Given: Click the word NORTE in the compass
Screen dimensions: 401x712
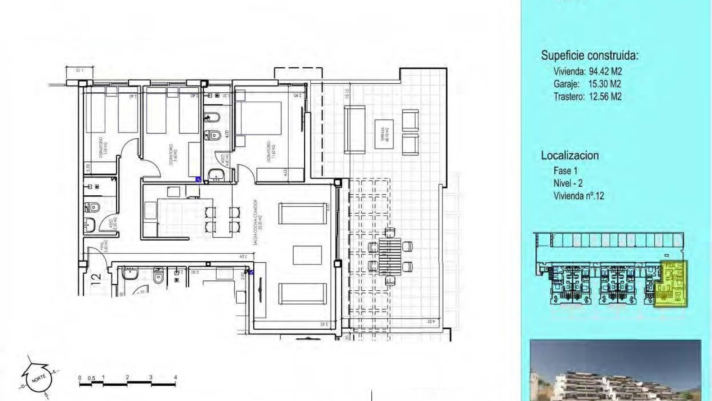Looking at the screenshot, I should coord(39,379).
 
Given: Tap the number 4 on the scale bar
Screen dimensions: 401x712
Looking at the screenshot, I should coord(175,377).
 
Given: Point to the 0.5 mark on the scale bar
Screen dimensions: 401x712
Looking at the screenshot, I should coord(91,378).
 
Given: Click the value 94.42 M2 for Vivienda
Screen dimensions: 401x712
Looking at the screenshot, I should coord(605,71).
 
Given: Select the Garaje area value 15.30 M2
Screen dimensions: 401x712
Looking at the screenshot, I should coord(604,84).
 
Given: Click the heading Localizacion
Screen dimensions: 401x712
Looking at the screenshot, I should coord(570,155).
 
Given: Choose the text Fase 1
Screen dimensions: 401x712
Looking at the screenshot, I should coord(565,171).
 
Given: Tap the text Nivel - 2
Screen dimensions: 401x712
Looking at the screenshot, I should coord(568,183).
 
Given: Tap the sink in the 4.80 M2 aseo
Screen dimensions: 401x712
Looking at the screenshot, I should coord(214,175).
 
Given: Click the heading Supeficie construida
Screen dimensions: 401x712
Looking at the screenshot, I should coord(590,56).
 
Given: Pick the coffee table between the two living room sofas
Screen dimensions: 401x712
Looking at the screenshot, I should coord(307,255).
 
